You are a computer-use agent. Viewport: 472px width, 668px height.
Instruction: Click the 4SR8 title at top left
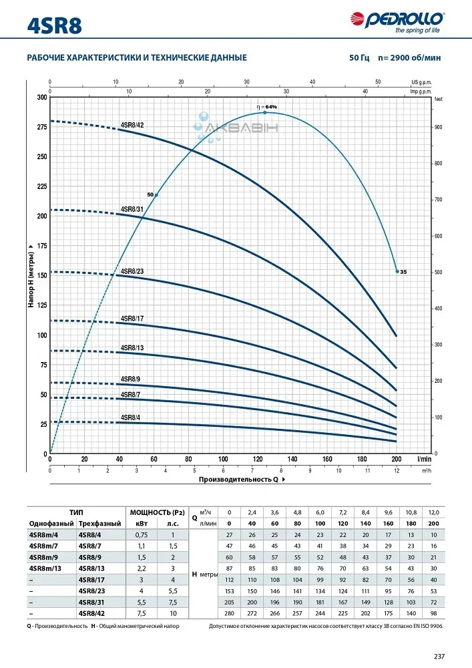pos(56,24)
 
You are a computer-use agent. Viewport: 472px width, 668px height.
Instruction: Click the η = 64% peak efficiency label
pos(266,107)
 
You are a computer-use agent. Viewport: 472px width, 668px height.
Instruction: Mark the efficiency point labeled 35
pos(398,272)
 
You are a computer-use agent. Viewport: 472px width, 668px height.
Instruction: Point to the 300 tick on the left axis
pos(42,98)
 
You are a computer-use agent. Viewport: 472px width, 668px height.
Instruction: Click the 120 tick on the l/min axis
pos(258,460)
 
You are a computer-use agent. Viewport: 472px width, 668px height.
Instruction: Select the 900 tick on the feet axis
pos(439,127)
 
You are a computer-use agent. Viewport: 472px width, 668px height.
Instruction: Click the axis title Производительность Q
pos(238,480)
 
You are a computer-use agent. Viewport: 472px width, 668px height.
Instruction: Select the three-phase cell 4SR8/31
pos(89,602)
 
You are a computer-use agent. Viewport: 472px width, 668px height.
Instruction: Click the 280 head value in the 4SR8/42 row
pos(230,613)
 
